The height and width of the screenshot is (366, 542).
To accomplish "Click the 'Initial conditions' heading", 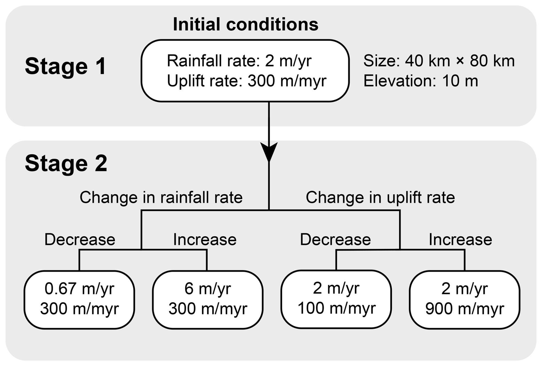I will coord(246,24).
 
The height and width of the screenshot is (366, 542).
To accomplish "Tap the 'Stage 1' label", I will coord(66,66).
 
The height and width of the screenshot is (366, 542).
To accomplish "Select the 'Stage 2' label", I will coord(66,164).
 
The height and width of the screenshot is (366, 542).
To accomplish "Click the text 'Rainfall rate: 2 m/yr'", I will coord(239,61).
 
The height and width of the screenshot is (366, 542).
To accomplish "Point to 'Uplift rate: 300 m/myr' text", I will coord(246,81).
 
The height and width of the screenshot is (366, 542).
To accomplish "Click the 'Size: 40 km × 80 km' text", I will coord(439,61).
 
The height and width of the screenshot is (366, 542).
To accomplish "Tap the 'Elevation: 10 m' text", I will coord(421,81).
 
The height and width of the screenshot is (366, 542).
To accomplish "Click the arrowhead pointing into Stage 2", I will coord(269,152).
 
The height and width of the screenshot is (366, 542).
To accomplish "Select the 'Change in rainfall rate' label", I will coord(161,197).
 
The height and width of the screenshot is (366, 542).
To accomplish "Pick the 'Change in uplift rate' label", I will coord(380,197).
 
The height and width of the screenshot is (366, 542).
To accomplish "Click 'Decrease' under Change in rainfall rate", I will coord(80,239).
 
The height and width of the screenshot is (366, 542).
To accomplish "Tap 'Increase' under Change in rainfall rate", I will coord(205,239).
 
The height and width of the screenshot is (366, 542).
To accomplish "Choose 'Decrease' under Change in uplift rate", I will coord(335,239).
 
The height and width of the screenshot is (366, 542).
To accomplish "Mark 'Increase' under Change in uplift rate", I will coord(460,239).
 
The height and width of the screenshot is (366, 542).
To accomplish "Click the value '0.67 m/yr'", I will coord(79,288).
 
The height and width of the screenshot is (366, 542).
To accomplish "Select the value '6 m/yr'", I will coord(208,288).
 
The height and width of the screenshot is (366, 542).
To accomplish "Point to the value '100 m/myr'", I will coord(336,308).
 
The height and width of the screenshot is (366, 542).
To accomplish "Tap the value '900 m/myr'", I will coord(465,308).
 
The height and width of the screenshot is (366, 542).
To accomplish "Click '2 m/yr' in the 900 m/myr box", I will coord(464,288).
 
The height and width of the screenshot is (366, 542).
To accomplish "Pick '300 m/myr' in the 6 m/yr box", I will coord(208,308).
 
